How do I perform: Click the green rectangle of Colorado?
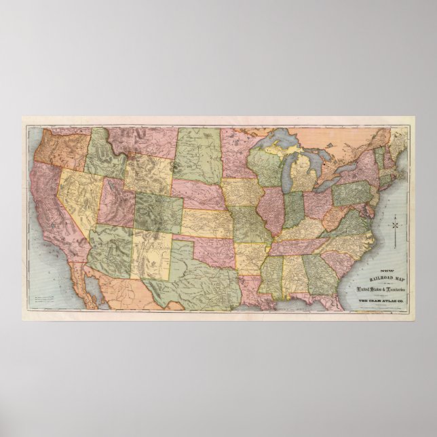click(159, 209)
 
